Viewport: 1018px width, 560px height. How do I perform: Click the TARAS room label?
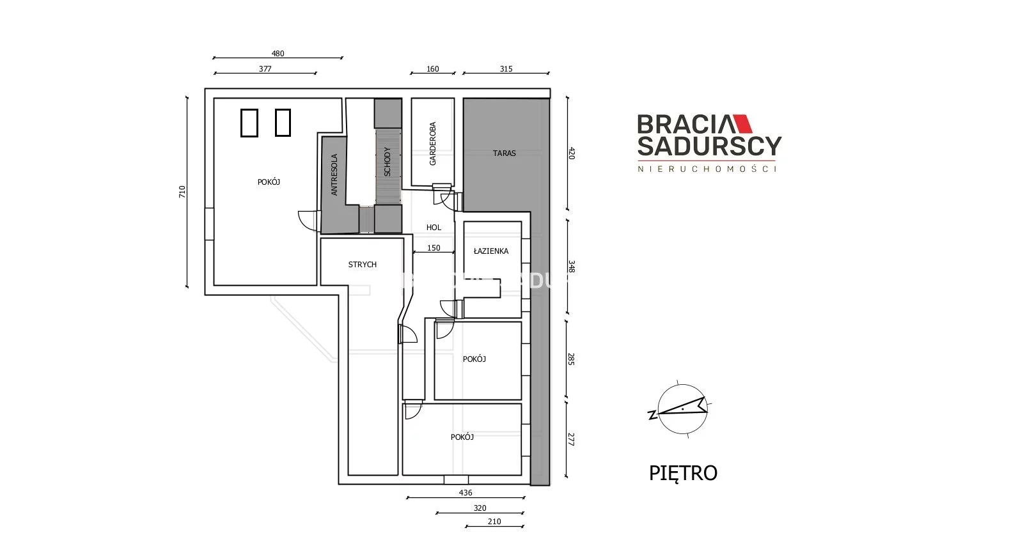click(504, 153)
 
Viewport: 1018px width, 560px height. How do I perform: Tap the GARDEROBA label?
click(433, 144)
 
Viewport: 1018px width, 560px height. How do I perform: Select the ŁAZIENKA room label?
click(491, 251)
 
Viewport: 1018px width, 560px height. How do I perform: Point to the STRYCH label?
click(362, 264)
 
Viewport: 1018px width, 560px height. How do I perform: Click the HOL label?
click(434, 228)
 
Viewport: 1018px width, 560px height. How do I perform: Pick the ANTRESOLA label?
click(334, 175)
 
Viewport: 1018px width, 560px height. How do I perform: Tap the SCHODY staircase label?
click(388, 162)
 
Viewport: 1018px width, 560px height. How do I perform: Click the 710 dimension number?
click(182, 192)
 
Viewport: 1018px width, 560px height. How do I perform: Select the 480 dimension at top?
click(278, 54)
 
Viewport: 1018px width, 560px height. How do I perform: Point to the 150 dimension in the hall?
click(434, 248)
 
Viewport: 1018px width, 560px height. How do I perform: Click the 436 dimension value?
click(466, 493)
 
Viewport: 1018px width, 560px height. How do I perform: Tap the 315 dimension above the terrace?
click(506, 69)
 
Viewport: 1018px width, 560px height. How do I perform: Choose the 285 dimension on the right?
click(571, 359)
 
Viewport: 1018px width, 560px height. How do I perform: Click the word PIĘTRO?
click(683, 473)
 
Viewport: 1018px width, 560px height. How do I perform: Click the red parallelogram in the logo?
click(742, 123)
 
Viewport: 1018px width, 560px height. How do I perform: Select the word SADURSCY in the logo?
click(709, 146)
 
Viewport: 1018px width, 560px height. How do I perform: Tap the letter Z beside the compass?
click(653, 415)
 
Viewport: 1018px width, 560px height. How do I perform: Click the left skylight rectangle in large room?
click(249, 123)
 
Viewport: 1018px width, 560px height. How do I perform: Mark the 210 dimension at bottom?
click(494, 522)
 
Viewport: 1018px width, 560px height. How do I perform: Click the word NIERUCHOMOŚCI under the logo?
click(707, 169)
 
